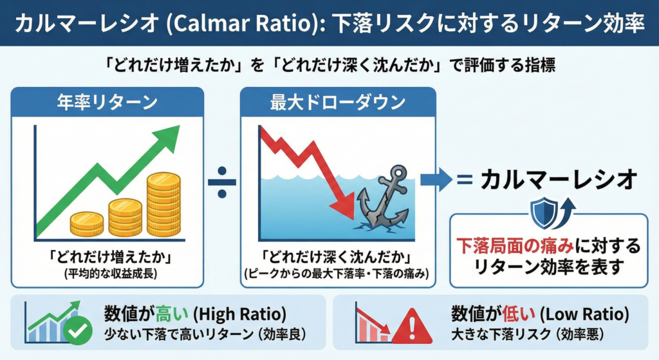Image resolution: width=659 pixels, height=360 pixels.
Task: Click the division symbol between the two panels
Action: (222, 182)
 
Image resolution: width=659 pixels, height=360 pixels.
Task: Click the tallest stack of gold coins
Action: (164, 204)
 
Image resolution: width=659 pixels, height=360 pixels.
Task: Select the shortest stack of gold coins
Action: (87, 224)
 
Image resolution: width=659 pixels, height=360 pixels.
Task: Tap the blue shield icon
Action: (544, 213)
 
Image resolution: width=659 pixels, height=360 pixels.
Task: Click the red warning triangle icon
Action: (412, 327)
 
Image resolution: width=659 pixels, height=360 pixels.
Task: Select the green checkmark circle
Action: (78, 331)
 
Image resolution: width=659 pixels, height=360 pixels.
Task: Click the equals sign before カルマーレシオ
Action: (465, 180)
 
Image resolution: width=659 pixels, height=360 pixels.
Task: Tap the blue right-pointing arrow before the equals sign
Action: (436, 180)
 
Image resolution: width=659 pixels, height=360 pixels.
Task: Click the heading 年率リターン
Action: (107, 102)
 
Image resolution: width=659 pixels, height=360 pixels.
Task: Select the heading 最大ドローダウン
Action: (337, 102)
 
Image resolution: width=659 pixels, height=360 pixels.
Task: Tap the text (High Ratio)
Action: (240, 314)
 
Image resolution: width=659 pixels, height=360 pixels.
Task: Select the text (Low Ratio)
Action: (584, 314)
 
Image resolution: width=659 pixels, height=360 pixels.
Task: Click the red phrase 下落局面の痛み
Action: (515, 246)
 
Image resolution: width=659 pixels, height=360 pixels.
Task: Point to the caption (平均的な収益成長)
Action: (111, 274)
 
